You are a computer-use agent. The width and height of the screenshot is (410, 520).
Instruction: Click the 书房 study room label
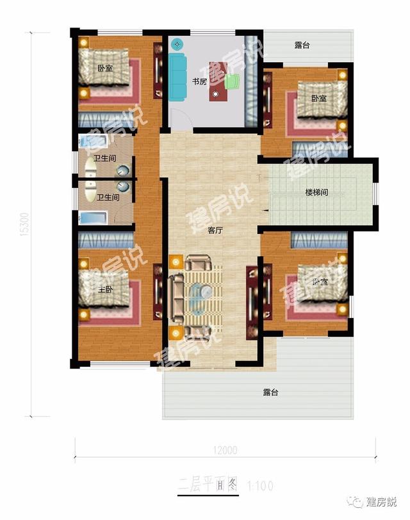(199, 81)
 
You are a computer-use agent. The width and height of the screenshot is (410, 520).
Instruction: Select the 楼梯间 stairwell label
(316, 192)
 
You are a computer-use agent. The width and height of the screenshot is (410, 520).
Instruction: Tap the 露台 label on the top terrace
(302, 45)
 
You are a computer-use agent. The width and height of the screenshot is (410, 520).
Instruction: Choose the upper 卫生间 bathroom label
(104, 158)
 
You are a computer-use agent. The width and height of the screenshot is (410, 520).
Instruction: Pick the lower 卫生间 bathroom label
(108, 197)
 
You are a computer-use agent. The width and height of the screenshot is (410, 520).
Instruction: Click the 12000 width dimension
(224, 450)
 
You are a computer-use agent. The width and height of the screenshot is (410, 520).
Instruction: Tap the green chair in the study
(232, 81)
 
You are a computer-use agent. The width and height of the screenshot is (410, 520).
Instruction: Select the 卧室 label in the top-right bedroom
(318, 98)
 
